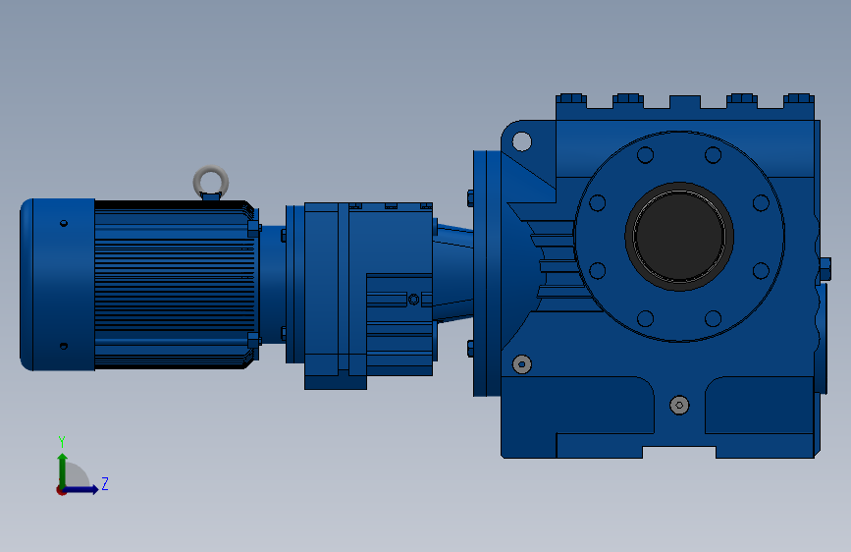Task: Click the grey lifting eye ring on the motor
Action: (x=211, y=170)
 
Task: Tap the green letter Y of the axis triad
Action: (x=62, y=441)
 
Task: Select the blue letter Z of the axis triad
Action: (x=105, y=483)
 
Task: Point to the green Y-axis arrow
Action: (x=63, y=469)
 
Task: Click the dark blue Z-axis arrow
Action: (x=81, y=489)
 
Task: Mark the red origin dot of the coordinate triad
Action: (x=61, y=490)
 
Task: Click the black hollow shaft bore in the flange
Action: (x=679, y=236)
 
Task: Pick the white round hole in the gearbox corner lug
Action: (x=521, y=141)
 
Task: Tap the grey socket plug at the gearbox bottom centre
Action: (x=679, y=405)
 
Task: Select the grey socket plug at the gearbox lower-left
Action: (x=521, y=364)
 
